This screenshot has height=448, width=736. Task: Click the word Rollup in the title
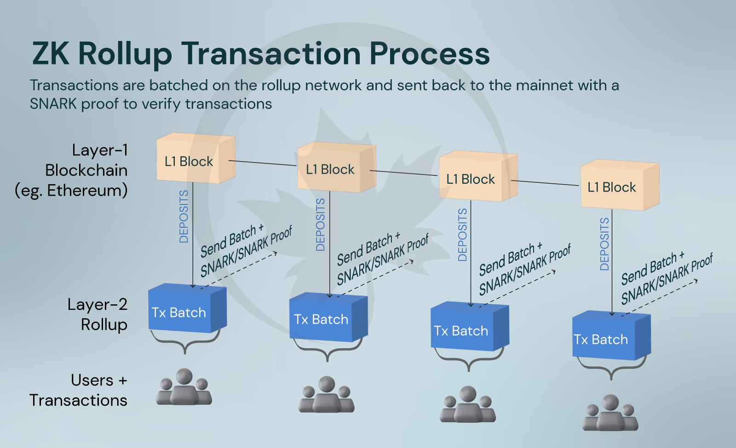pyautogui.click(x=125, y=54)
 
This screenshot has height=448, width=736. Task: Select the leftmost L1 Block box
pyautogui.click(x=195, y=159)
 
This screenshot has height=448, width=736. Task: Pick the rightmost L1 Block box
pyautogui.click(x=619, y=186)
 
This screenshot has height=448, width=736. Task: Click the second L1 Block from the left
pyautogui.click(x=336, y=168)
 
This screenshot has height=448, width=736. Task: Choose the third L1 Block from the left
pyautogui.click(x=477, y=177)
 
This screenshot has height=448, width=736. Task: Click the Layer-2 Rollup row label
pyautogui.click(x=98, y=314)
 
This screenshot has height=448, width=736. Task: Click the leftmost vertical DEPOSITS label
pyautogui.click(x=184, y=216)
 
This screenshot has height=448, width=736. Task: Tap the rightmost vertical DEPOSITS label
pyautogui.click(x=604, y=244)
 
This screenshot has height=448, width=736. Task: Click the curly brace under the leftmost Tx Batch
pyautogui.click(x=185, y=343)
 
